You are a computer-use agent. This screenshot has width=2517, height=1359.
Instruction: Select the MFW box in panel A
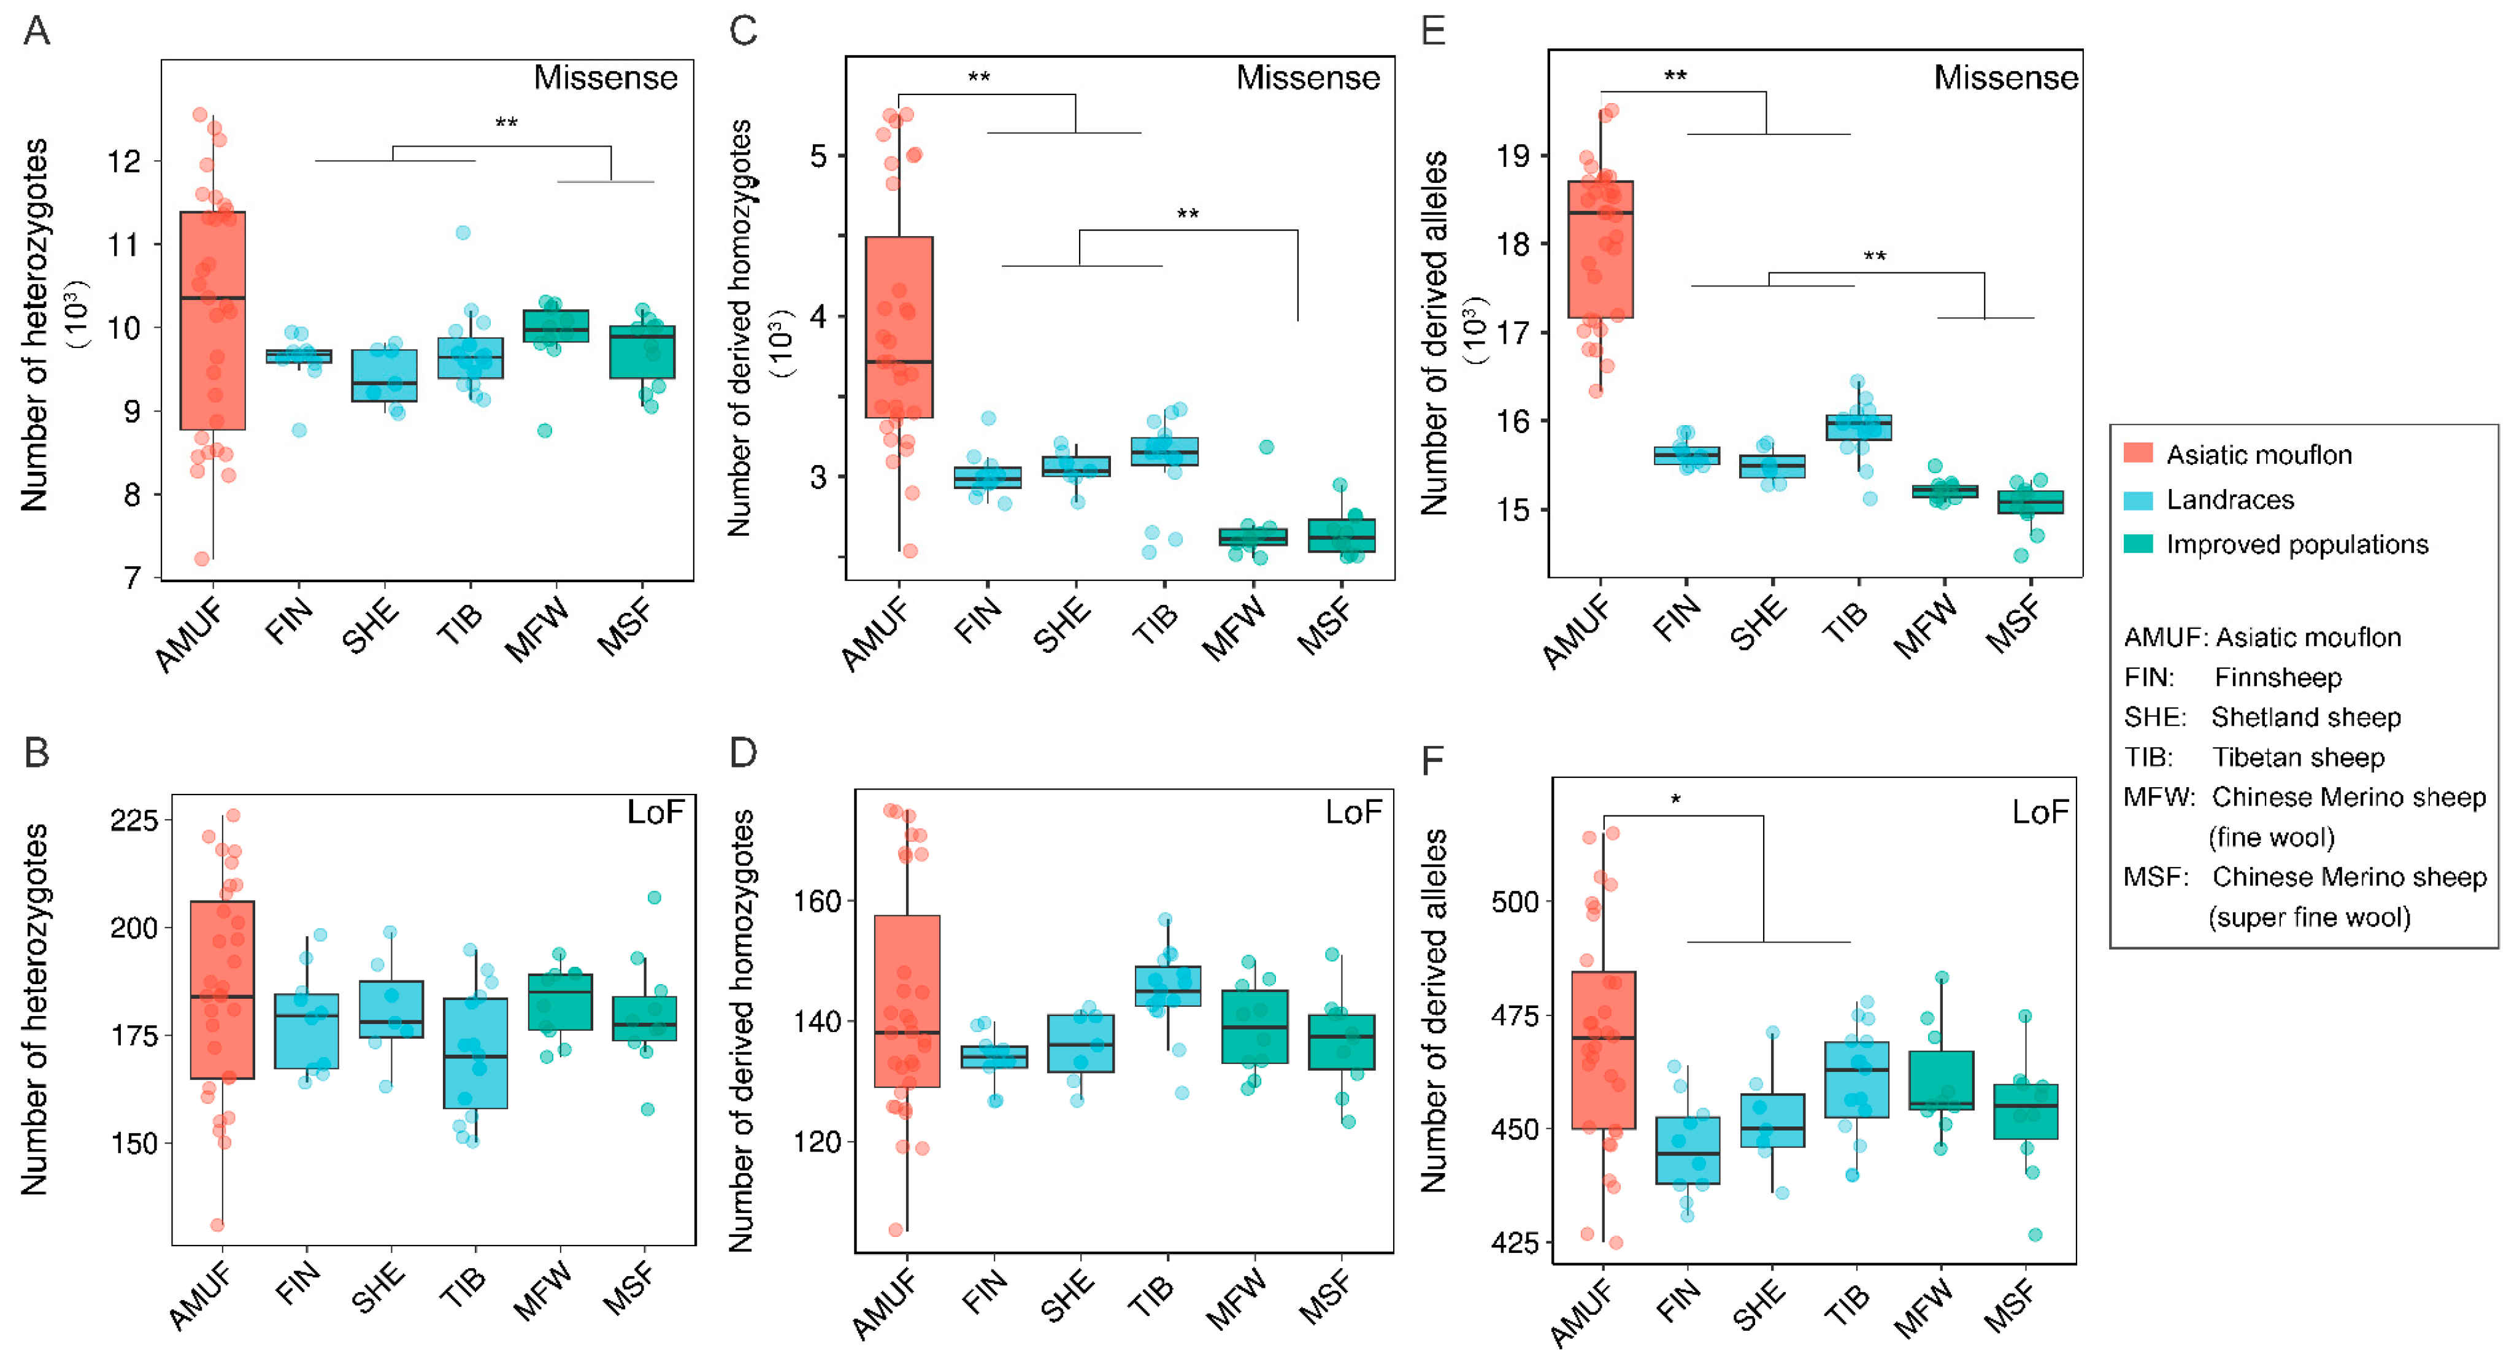(x=556, y=325)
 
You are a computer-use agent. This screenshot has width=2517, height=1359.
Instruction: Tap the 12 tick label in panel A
(x=124, y=161)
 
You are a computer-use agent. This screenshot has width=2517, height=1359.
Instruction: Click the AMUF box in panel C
(x=899, y=327)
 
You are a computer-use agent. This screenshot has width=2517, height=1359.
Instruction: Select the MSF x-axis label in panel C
(x=1325, y=627)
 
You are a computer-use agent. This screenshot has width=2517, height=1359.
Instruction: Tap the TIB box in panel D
(x=1167, y=986)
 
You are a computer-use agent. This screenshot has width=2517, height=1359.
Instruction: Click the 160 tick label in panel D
(x=817, y=901)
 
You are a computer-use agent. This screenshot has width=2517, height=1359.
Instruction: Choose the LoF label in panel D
(x=1353, y=812)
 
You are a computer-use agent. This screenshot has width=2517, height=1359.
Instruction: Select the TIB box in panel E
(x=1858, y=428)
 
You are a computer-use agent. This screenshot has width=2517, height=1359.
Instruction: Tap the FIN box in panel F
(x=1688, y=1150)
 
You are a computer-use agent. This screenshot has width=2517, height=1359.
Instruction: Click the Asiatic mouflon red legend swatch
(x=2138, y=454)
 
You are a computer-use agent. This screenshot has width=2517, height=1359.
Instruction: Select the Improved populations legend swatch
(x=2138, y=544)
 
